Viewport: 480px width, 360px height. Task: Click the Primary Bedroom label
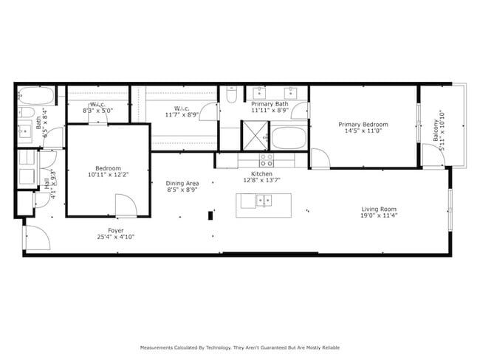(x=363, y=125)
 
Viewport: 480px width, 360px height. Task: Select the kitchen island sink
(x=263, y=200)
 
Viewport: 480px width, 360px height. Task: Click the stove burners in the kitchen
(x=266, y=159)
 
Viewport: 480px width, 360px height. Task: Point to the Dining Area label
(x=182, y=183)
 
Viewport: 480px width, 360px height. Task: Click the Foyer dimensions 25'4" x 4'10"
(x=115, y=238)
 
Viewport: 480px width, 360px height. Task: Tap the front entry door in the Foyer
(x=36, y=237)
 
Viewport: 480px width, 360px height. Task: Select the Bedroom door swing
(x=125, y=206)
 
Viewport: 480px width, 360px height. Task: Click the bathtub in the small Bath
(x=36, y=96)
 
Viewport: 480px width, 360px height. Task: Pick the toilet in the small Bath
(x=27, y=113)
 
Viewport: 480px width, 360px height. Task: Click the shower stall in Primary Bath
(x=256, y=136)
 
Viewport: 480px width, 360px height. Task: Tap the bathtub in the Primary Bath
(x=289, y=137)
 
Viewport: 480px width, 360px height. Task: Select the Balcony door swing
(x=432, y=155)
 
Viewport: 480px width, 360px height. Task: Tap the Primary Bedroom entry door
(x=320, y=159)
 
